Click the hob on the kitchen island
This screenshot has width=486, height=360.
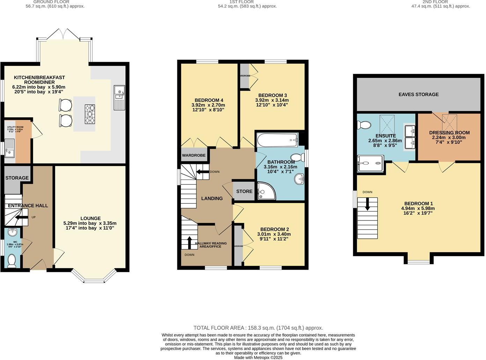90,114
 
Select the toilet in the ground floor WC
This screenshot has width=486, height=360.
12,260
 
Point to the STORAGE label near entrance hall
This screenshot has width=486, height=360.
17,178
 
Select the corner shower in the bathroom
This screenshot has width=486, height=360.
266,192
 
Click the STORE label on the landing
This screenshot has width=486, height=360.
244,191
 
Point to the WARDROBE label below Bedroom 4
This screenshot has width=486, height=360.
193,155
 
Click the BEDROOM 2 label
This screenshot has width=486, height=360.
274,229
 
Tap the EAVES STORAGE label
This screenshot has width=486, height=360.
418,94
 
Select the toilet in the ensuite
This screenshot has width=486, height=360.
364,125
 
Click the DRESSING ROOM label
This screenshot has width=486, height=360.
449,133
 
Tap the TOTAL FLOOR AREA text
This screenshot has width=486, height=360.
258,328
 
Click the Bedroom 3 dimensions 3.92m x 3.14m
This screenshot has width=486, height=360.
272,100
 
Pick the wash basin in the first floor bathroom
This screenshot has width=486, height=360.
299,179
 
